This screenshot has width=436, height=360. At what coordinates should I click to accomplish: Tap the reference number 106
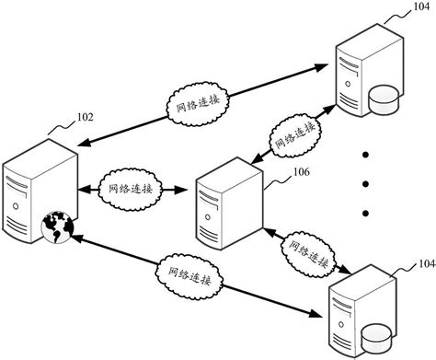(276, 170)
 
